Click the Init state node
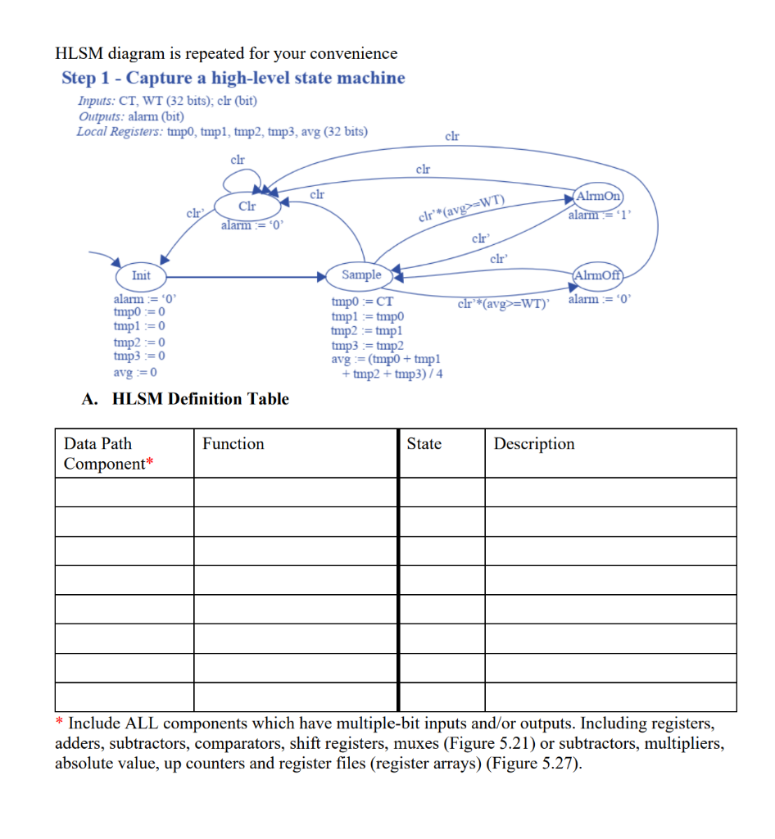[x=141, y=275]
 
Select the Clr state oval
[x=246, y=206]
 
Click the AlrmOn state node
[x=600, y=197]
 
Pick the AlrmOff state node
[x=600, y=275]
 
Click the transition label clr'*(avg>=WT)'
[x=505, y=305]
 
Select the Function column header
[x=233, y=444]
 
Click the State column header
[x=424, y=444]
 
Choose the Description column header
[x=534, y=444]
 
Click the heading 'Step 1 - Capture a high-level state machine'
[x=233, y=78]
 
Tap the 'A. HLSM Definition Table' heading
[x=186, y=399]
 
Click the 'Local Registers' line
[x=222, y=131]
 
